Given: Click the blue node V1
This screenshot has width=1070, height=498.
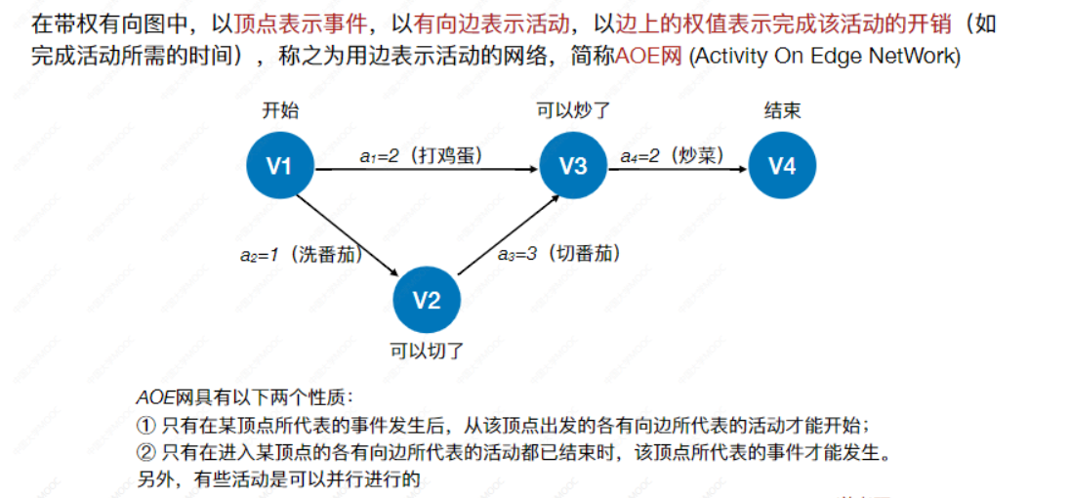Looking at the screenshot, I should [279, 167].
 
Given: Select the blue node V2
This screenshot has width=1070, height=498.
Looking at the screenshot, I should [426, 300].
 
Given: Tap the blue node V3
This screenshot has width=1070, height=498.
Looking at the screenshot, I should [573, 167].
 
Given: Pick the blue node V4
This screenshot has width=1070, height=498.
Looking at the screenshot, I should [782, 167].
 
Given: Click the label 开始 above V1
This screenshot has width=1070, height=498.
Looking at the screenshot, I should [280, 111].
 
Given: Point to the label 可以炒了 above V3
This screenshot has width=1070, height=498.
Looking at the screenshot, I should [573, 111].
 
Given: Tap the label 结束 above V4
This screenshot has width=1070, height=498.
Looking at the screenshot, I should [782, 111].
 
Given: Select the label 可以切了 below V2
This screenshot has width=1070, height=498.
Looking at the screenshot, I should [427, 351].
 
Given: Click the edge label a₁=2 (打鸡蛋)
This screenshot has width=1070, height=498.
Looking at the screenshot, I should [421, 155].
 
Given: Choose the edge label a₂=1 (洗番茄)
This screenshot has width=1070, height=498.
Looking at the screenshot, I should [301, 255].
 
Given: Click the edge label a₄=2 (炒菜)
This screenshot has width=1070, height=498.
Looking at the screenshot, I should [673, 155].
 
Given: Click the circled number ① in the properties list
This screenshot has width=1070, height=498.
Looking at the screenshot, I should [144, 426].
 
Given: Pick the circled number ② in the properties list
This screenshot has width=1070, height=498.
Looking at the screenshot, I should [144, 452].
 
